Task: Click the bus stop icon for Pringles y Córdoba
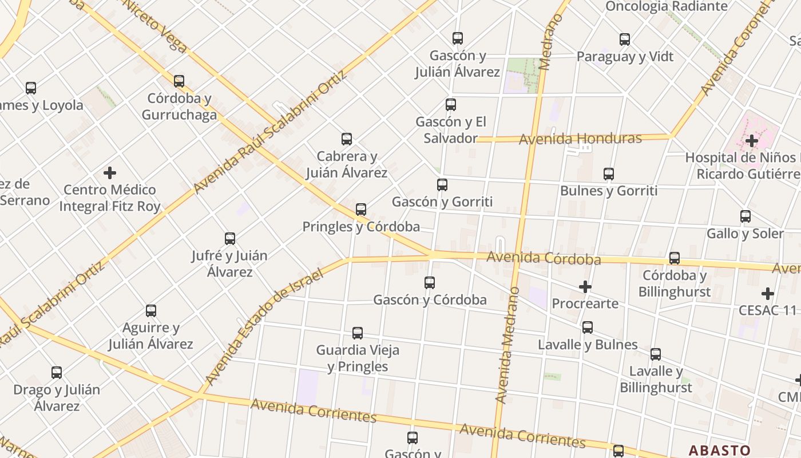(x=361, y=210)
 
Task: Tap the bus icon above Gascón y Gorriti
(x=442, y=185)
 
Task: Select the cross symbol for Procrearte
(x=585, y=287)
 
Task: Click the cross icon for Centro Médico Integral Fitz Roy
(x=110, y=172)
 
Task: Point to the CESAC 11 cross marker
(x=768, y=294)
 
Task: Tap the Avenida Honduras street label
(x=580, y=139)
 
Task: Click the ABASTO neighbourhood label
(x=720, y=450)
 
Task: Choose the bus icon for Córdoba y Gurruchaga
(x=179, y=81)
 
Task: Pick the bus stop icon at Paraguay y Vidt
(x=625, y=40)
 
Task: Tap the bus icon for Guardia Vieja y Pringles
(x=358, y=333)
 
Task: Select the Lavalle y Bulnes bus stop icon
(x=588, y=327)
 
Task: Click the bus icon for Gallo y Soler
(x=746, y=216)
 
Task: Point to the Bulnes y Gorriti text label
(x=609, y=191)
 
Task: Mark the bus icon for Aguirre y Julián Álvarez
(x=151, y=311)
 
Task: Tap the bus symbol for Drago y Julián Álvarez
(x=57, y=373)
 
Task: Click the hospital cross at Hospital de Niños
(x=752, y=140)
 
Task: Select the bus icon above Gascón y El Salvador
(x=451, y=105)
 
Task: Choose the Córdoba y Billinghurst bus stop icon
(x=675, y=258)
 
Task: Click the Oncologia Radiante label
(x=666, y=6)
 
